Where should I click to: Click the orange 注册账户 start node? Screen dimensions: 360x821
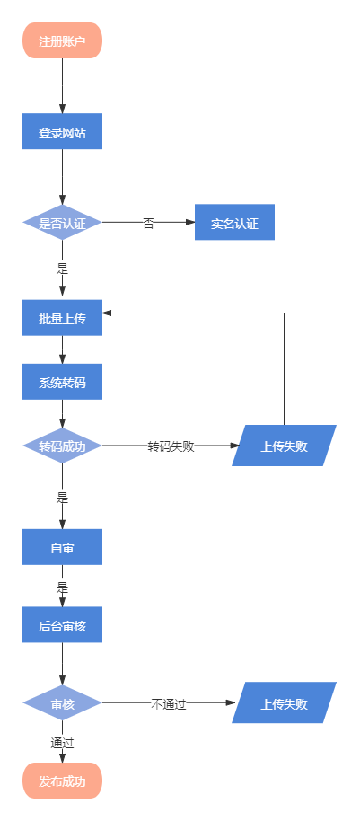(62, 40)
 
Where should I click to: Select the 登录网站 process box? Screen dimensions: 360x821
(62, 131)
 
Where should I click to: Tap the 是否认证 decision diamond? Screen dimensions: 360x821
(62, 222)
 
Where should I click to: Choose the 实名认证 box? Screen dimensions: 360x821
(234, 222)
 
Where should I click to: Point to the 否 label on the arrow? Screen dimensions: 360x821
(149, 223)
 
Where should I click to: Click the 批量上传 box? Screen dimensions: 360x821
(62, 317)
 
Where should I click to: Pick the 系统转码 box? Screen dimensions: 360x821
(62, 381)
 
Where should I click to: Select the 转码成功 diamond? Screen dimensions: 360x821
(62, 446)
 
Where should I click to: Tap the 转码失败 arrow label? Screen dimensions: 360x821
(171, 446)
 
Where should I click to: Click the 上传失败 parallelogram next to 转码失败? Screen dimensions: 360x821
(284, 446)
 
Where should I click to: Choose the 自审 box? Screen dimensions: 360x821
(62, 547)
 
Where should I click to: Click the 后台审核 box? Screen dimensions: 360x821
(62, 624)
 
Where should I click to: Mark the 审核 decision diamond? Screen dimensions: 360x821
(62, 702)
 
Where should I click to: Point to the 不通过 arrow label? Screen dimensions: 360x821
(169, 703)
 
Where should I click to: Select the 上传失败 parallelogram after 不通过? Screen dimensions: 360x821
(284, 702)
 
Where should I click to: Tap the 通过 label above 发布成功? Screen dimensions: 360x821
(62, 743)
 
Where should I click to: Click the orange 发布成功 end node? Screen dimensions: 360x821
(62, 781)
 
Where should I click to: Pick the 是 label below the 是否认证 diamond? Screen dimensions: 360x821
(62, 269)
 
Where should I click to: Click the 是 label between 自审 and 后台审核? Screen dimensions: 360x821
(62, 587)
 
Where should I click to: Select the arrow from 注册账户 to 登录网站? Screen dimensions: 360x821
(62, 86)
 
